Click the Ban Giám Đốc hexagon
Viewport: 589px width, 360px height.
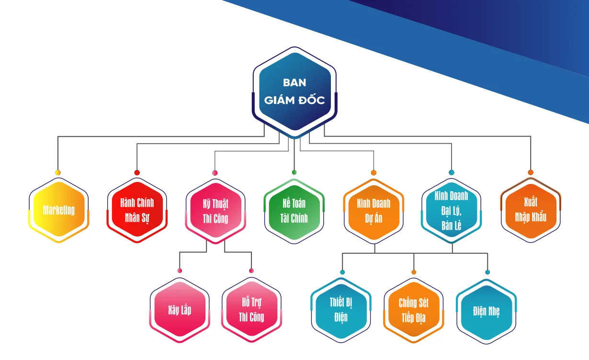pyautogui.click(x=294, y=91)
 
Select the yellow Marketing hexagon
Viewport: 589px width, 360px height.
pyautogui.click(x=59, y=210)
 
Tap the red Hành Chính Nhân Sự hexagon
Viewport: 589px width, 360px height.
pyautogui.click(x=137, y=210)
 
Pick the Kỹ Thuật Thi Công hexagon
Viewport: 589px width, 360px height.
pyautogui.click(x=215, y=211)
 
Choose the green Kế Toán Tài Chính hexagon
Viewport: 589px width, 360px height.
pyautogui.click(x=294, y=210)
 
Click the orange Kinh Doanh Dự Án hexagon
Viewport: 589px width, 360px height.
pyautogui.click(x=374, y=210)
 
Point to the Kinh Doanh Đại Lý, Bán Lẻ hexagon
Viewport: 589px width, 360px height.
pyautogui.click(x=451, y=210)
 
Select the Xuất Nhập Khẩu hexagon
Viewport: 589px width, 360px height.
pyautogui.click(x=531, y=210)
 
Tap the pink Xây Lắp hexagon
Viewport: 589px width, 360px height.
pyautogui.click(x=180, y=310)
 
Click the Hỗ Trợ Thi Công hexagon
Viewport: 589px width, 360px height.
pyautogui.click(x=251, y=310)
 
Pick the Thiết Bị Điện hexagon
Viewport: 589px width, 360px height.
pyautogui.click(x=341, y=310)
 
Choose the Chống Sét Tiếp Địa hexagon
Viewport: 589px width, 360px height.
pyautogui.click(x=414, y=310)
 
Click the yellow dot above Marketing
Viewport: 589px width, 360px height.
pyautogui.click(x=58, y=172)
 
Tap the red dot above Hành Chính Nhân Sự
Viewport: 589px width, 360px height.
pyautogui.click(x=137, y=172)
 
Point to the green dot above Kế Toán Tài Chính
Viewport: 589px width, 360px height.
pyautogui.click(x=294, y=172)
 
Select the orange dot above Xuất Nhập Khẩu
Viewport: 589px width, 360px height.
pyautogui.click(x=531, y=172)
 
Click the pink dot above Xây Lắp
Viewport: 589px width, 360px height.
pyautogui.click(x=180, y=270)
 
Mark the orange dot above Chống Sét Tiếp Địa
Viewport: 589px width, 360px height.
pyautogui.click(x=414, y=272)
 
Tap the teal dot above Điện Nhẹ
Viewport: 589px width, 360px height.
pyautogui.click(x=487, y=272)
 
